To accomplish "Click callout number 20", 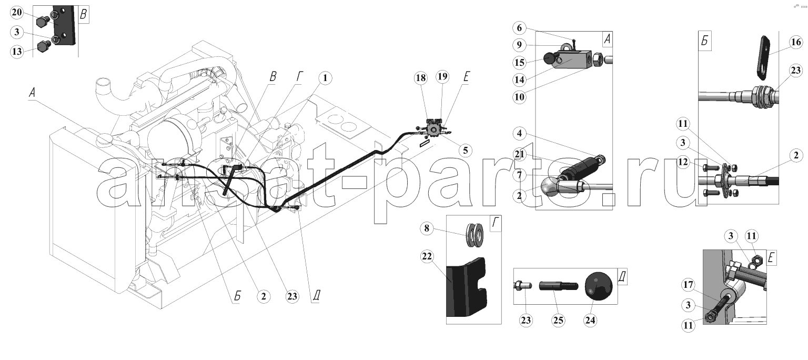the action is point(17,13).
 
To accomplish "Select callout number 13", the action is point(17,52).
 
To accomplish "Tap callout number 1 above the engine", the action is point(325,78).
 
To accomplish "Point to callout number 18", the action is point(421,78).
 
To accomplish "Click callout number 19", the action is point(442,76).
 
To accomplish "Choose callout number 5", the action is point(466,151).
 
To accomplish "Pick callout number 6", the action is point(519,28).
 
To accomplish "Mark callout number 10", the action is point(519,97).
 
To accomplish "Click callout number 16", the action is point(796,42).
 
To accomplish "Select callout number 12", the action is point(683,162).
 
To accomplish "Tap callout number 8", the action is point(427,228).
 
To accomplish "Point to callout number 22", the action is point(427,256).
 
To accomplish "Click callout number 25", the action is point(558,321).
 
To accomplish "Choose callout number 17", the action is point(688,285).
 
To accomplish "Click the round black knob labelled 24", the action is point(599,286).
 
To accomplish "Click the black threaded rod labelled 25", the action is point(559,286).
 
